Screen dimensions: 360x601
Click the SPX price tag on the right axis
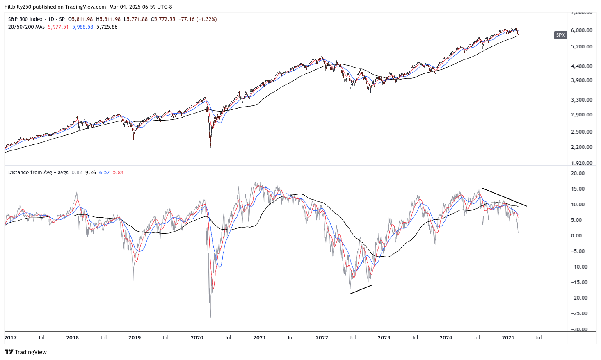click(560, 35)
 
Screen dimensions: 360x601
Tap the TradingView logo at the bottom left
click(25, 352)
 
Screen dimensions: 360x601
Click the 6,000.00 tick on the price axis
click(581, 30)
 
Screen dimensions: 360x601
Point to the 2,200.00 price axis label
click(581, 147)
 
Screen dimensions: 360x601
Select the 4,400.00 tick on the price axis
click(581, 66)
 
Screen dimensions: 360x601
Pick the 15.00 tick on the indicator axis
click(578, 189)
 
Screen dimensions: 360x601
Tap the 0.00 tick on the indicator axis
click(576, 236)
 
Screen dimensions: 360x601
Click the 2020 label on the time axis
click(197, 338)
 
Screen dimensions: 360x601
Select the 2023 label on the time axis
click(384, 338)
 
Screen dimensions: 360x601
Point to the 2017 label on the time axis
click(11, 338)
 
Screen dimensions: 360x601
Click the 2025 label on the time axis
click(508, 338)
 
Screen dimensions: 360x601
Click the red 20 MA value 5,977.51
click(58, 27)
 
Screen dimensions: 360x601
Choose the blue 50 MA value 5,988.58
click(82, 27)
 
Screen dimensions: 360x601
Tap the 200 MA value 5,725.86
click(107, 27)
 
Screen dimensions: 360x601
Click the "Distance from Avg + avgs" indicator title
click(38, 173)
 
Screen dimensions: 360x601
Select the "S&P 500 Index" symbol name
click(25, 19)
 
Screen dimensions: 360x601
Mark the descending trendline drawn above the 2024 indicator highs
click(504, 197)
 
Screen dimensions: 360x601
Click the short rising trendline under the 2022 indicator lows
click(361, 289)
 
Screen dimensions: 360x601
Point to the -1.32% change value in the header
click(207, 19)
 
